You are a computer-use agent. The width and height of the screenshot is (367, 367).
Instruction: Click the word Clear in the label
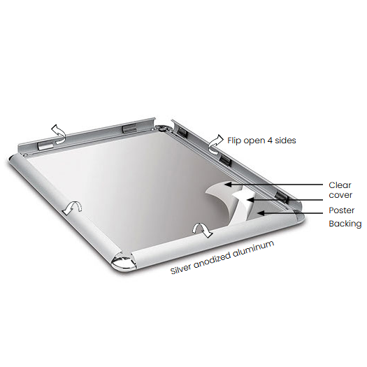click(x=340, y=185)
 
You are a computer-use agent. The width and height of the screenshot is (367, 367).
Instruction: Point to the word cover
click(x=340, y=196)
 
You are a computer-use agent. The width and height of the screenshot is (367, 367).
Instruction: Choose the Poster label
click(x=341, y=210)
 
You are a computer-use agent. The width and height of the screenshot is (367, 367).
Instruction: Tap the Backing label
click(x=345, y=224)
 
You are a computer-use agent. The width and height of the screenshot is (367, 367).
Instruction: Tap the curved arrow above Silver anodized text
click(x=201, y=230)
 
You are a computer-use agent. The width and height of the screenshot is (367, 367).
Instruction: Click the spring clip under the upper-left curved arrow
click(x=47, y=145)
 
